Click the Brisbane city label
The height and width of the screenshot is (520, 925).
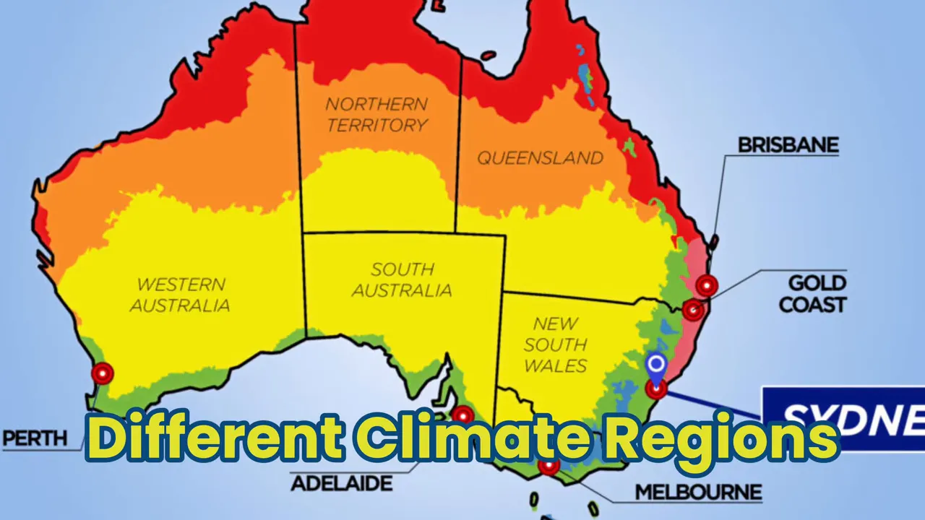click(x=788, y=145)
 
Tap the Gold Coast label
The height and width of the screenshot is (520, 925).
click(x=812, y=293)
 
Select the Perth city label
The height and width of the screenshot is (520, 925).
click(x=35, y=438)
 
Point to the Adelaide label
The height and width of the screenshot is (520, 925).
click(x=341, y=482)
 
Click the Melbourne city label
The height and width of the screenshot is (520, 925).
click(x=698, y=493)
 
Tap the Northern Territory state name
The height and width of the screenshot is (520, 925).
click(x=377, y=114)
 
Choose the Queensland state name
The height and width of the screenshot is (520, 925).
click(x=540, y=157)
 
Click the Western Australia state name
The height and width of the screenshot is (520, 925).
click(x=180, y=295)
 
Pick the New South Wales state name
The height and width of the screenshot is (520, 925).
click(x=555, y=344)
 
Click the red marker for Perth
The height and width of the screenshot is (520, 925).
click(x=103, y=373)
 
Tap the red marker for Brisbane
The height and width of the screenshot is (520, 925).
click(x=707, y=286)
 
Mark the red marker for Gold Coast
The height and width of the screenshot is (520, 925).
click(x=693, y=310)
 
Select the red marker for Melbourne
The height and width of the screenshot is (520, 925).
click(x=548, y=467)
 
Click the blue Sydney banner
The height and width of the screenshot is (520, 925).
click(x=843, y=417)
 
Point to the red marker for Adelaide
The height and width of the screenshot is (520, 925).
click(x=462, y=415)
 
